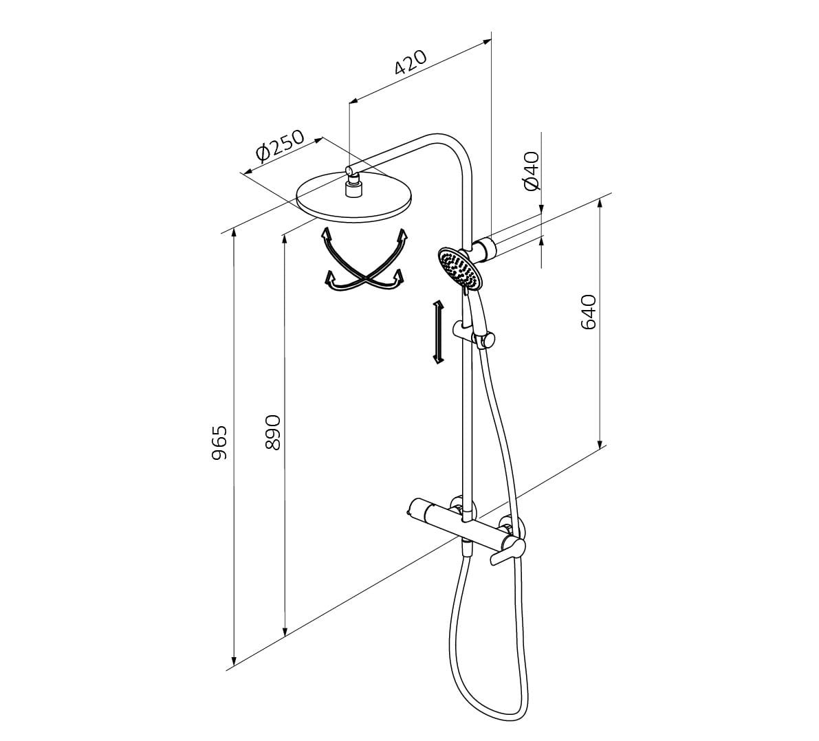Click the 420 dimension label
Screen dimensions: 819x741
[x=411, y=63]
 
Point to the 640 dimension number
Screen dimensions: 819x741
[x=588, y=312]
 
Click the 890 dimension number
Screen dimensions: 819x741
[x=273, y=432]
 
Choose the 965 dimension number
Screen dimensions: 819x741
[x=219, y=442]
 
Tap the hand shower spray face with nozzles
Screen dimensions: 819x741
[x=459, y=268]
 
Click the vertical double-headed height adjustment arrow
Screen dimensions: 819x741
[x=438, y=332]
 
